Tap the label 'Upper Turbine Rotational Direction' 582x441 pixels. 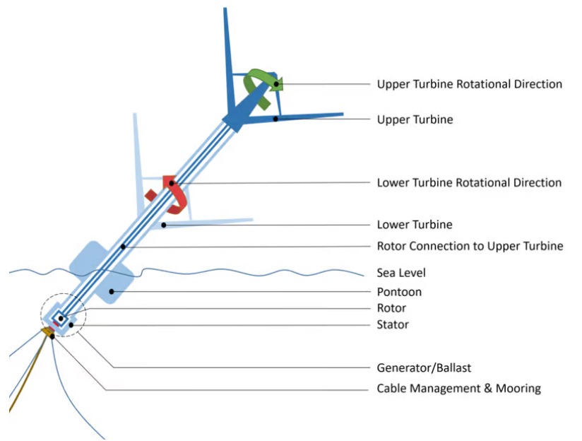(470, 84)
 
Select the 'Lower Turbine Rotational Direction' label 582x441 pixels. (469, 182)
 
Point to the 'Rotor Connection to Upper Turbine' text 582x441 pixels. (470, 246)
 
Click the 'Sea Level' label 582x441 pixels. (401, 273)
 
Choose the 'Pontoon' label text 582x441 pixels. (399, 292)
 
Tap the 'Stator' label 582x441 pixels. (393, 324)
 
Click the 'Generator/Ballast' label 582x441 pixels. (424, 367)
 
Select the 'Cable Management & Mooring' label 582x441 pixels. (459, 388)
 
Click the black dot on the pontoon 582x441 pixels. (112, 292)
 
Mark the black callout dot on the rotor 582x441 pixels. (61, 319)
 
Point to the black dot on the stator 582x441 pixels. (71, 325)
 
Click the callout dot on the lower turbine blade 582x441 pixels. (164, 225)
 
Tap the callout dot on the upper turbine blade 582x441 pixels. (275, 119)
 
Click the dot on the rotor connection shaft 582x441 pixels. (123, 247)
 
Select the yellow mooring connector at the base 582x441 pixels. (47, 331)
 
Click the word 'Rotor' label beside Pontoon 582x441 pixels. (391, 308)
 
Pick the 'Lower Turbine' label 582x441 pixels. (415, 225)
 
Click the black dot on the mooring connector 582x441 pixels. (52, 336)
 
